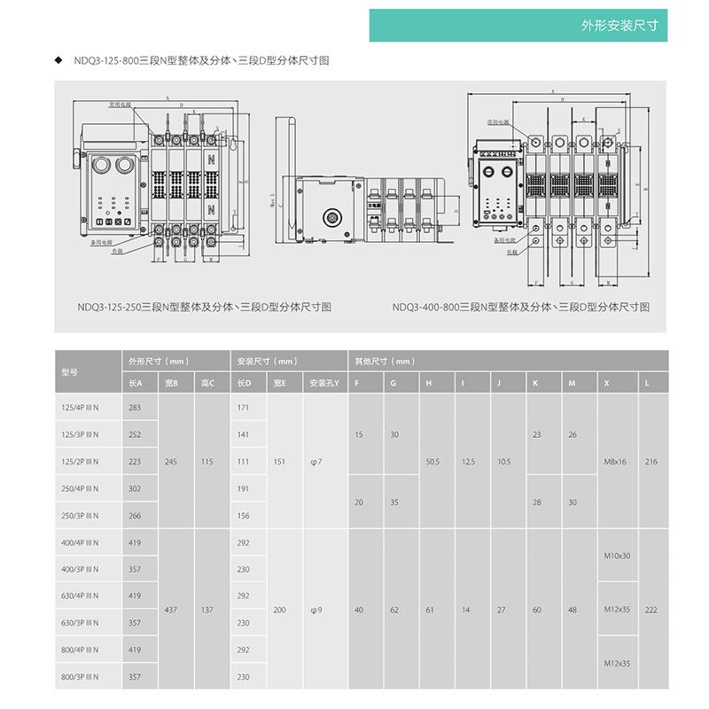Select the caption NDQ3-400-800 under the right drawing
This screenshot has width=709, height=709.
point(521,307)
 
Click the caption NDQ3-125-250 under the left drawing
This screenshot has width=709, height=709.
point(204,307)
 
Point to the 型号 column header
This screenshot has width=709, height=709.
point(70,372)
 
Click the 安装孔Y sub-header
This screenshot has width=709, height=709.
point(323,382)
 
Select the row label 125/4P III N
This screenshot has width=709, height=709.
point(80,407)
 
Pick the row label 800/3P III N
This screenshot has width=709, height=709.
point(80,677)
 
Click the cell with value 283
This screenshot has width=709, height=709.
point(135,407)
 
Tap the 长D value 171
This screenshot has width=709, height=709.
point(244,407)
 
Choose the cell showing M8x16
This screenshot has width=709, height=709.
point(615,462)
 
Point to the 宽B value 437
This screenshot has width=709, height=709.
point(171,610)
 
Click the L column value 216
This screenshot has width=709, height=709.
point(651,462)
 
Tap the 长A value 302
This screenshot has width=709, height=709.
point(135,488)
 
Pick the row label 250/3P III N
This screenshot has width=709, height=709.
point(80,516)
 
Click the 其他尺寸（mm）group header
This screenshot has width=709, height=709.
point(386,362)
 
